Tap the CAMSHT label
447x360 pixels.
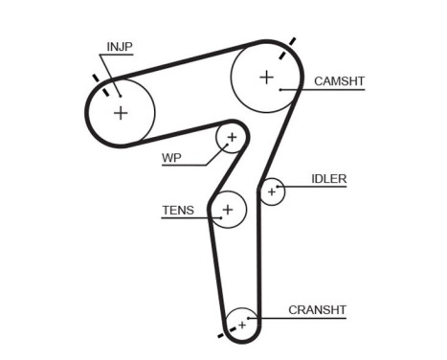click(x=340, y=82)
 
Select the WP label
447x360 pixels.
click(x=171, y=157)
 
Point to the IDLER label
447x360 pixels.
click(x=328, y=179)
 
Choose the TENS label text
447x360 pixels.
click(x=178, y=210)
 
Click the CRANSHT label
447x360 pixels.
click(x=317, y=310)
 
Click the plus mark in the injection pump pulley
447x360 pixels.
click(x=121, y=113)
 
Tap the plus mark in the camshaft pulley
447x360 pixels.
click(x=266, y=76)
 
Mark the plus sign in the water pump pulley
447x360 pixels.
click(x=231, y=139)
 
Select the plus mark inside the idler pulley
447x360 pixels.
click(x=272, y=192)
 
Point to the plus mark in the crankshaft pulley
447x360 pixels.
click(x=242, y=326)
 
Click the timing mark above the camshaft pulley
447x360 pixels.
click(x=293, y=41)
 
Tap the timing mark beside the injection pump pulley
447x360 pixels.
click(x=94, y=78)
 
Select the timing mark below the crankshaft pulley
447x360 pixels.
click(x=226, y=337)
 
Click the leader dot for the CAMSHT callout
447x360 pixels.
click(x=280, y=89)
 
